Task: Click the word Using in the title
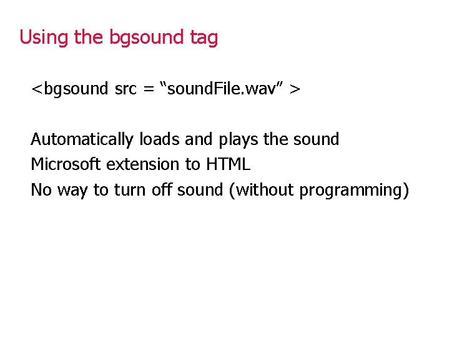[44, 38]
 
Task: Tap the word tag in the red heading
[204, 38]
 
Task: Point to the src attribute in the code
[127, 89]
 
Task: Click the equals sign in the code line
[149, 89]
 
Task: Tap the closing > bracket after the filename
[295, 89]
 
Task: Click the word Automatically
[82, 139]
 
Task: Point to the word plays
[238, 139]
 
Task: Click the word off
[162, 190]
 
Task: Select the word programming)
[354, 190]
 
